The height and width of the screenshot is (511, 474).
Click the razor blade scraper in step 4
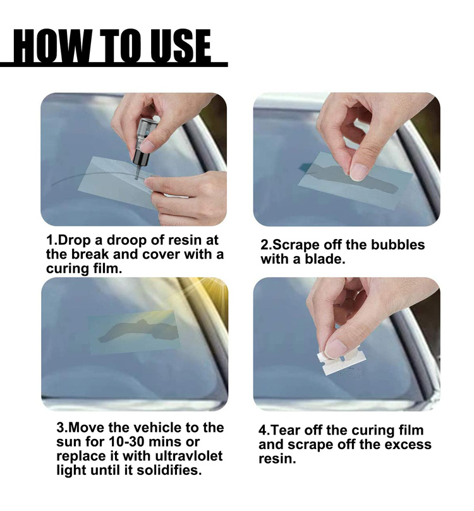coord(341,360)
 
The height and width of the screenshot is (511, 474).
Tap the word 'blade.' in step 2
coord(324,259)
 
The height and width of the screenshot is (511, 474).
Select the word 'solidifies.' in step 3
coord(169,470)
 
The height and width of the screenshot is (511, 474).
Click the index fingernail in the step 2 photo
coord(358,172)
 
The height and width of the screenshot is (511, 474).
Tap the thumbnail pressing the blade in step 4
coord(336,349)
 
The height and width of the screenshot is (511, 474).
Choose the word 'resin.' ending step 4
coord(277,459)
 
